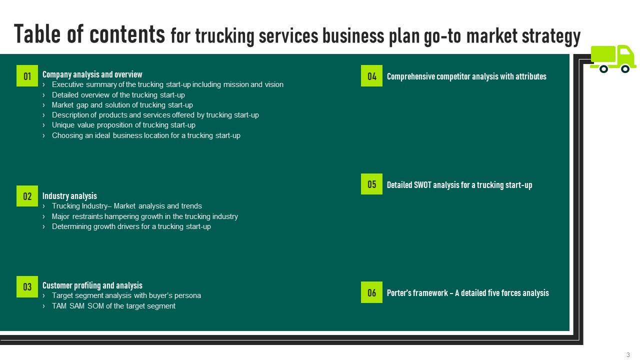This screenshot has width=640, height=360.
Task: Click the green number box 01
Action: pos(27,76)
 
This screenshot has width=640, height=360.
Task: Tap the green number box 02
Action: pos(27,196)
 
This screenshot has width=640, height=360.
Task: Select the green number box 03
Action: pos(27,286)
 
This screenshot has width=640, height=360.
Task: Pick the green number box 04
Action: pos(371,76)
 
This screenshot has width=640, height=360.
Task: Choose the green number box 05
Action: pos(371,184)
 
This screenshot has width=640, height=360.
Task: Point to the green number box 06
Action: pos(371,292)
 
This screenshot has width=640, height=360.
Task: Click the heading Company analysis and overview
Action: pos(92,74)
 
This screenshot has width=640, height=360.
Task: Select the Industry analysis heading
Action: pos(69,196)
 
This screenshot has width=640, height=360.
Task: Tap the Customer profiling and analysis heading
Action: pos(92,285)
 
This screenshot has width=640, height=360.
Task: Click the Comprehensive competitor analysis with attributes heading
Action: pos(466,76)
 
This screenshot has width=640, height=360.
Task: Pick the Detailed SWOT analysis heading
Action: pos(459,185)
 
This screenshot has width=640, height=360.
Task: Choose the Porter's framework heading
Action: pos(467,293)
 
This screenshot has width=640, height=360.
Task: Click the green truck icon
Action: pos(612,59)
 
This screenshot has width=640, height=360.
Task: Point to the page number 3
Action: pos(628,355)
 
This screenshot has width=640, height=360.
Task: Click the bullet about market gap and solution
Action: pos(122,105)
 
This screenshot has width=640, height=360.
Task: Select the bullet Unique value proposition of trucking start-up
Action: pos(123,125)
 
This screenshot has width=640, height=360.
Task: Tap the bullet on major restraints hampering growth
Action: pos(144,216)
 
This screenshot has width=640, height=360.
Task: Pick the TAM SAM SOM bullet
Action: pos(113,306)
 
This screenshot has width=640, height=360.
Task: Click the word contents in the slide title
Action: pos(127,34)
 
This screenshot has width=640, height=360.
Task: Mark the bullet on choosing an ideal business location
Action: pos(146,135)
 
